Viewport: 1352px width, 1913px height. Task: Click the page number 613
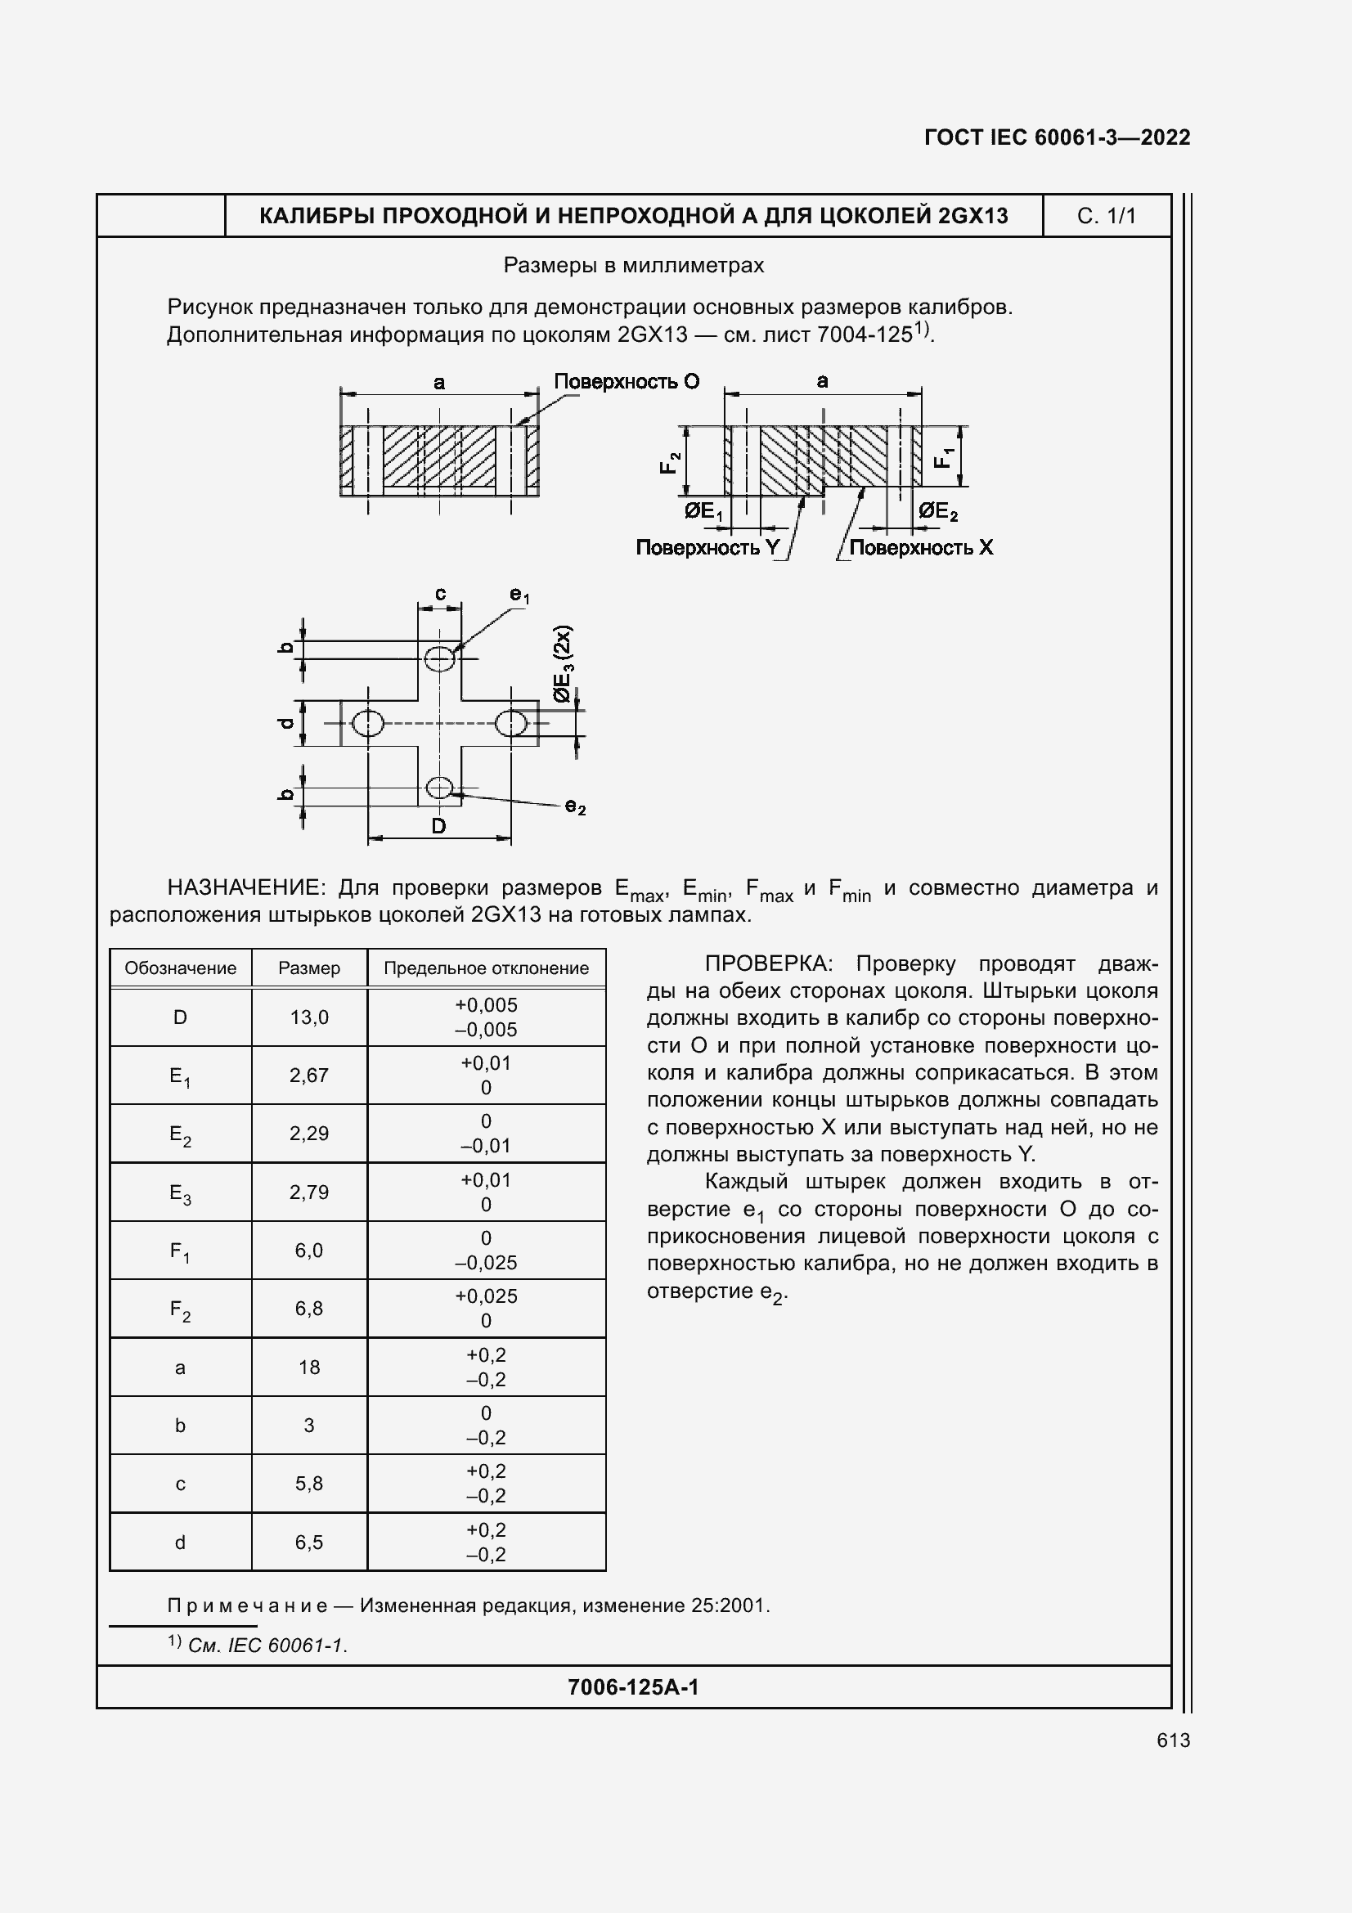click(x=1173, y=1740)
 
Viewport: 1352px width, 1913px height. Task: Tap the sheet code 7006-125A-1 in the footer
click(x=633, y=1687)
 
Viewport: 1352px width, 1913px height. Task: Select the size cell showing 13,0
click(x=309, y=1017)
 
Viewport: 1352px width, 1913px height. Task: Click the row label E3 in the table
click(x=180, y=1193)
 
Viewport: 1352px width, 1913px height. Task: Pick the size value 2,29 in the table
click(x=309, y=1133)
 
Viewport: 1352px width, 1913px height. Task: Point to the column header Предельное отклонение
click(x=486, y=968)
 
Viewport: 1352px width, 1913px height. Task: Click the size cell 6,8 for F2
click(x=309, y=1308)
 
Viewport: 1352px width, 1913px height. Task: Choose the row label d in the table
click(x=180, y=1543)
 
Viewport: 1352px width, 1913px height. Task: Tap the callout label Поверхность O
click(x=627, y=382)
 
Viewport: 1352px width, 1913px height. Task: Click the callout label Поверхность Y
click(x=708, y=547)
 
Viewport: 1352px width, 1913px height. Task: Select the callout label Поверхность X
click(x=920, y=547)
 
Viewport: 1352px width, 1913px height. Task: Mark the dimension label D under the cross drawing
click(x=438, y=826)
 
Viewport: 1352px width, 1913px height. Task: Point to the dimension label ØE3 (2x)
click(x=563, y=663)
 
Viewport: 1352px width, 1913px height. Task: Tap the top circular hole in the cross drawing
click(x=439, y=658)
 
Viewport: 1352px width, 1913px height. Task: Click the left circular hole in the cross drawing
click(x=367, y=722)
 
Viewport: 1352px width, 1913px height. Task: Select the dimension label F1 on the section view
click(x=943, y=457)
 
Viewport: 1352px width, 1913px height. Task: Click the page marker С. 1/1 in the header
click(x=1107, y=216)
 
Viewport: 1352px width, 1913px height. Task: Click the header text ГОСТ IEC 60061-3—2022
click(x=1057, y=137)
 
